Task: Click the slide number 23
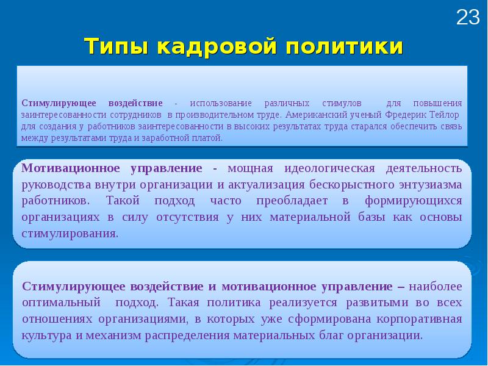(x=468, y=18)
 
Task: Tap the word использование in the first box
(x=218, y=102)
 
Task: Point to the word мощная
(x=249, y=168)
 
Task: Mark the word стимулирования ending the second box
(x=70, y=234)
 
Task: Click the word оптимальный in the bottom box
(x=61, y=303)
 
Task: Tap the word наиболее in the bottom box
(x=435, y=286)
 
